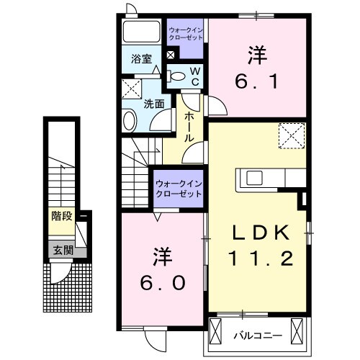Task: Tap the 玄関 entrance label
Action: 62,251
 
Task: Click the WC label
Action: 194,74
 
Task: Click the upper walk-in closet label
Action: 186,33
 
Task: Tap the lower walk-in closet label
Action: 178,189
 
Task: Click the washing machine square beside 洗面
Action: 131,89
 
